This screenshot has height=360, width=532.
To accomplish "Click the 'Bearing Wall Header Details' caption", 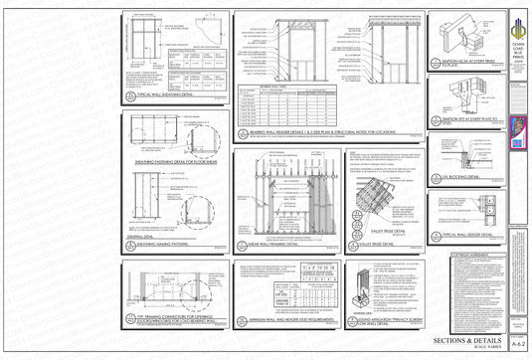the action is click(317, 130).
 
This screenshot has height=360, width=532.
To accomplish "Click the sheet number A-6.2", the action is click(517, 342).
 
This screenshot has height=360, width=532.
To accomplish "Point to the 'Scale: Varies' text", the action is click(473, 349).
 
